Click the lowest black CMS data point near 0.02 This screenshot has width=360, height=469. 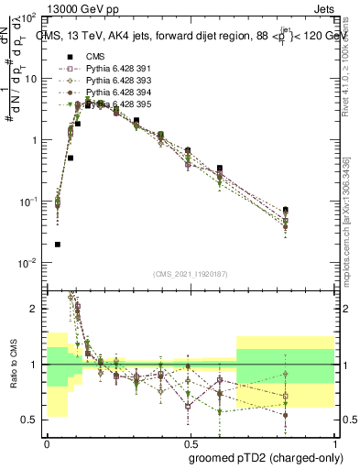tap(58, 245)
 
